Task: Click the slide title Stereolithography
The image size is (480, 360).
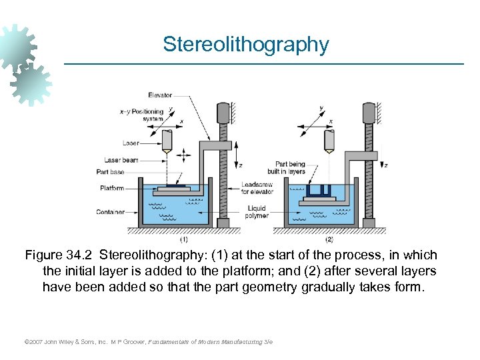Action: pyautogui.click(x=246, y=45)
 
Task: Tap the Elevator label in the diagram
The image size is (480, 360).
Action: pyautogui.click(x=160, y=95)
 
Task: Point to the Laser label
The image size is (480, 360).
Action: pyautogui.click(x=131, y=143)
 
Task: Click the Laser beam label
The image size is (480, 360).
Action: pyautogui.click(x=121, y=160)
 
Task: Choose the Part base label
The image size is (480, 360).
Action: pyautogui.click(x=111, y=172)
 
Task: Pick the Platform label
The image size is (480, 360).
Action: pyautogui.click(x=112, y=188)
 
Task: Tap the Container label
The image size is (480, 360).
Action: pyautogui.click(x=110, y=213)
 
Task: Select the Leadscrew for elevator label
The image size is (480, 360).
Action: pyautogui.click(x=257, y=188)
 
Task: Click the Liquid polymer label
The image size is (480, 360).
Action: pyautogui.click(x=257, y=212)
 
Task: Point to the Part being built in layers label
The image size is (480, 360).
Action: pyautogui.click(x=290, y=167)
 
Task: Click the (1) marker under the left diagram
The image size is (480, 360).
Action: pyautogui.click(x=184, y=239)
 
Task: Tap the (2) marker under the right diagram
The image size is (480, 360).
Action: pyautogui.click(x=329, y=239)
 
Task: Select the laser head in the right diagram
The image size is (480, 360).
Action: pyautogui.click(x=329, y=140)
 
